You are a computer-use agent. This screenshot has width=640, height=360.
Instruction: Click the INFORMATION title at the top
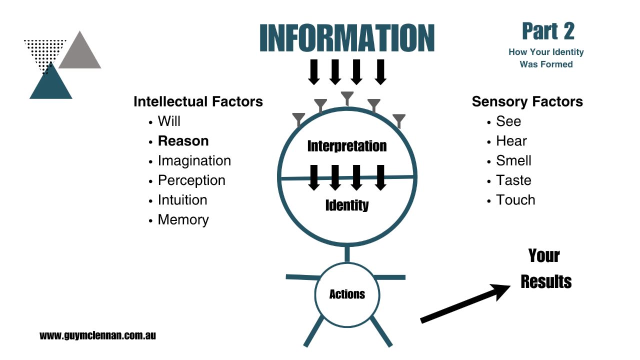tap(347, 38)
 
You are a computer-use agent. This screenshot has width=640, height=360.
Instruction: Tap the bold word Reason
tap(183, 141)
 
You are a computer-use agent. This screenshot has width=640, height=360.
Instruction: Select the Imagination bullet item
tap(194, 160)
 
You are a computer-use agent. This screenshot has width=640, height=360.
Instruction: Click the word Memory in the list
tap(183, 219)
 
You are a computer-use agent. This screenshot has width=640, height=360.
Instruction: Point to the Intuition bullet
tap(182, 200)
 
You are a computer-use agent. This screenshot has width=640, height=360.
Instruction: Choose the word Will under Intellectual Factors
tap(169, 121)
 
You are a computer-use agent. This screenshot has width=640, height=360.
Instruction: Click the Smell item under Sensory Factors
tap(513, 160)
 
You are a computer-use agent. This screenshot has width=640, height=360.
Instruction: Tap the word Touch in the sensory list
tap(515, 200)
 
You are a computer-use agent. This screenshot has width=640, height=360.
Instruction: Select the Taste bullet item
tap(513, 180)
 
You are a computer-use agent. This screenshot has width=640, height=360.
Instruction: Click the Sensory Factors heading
tap(527, 101)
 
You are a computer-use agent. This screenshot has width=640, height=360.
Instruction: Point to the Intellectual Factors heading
tap(198, 101)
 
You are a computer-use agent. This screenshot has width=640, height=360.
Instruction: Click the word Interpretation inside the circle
tap(346, 146)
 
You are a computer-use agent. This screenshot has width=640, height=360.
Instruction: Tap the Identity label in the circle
tap(346, 205)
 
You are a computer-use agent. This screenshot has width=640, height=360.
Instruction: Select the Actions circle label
tap(347, 294)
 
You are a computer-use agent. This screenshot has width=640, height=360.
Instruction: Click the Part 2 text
tap(548, 31)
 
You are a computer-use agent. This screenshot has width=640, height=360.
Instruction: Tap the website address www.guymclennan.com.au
tap(97, 335)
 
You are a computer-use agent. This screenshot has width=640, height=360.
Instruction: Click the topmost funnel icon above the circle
tap(346, 97)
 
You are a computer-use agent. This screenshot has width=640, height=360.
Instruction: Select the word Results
tap(545, 281)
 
